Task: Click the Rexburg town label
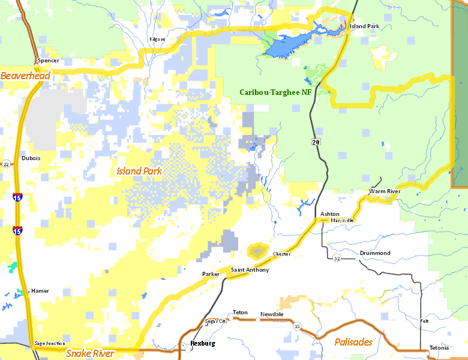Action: (202, 344)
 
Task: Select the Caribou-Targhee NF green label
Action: (275, 92)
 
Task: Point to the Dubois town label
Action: (31, 158)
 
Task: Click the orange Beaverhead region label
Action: (25, 76)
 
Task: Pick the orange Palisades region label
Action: (353, 342)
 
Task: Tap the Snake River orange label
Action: (90, 353)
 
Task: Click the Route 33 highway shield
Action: (296, 325)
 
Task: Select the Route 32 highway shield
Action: (337, 258)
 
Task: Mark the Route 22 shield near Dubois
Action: (6, 164)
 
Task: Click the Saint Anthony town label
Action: (250, 270)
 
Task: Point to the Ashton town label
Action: (329, 214)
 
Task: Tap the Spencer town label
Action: (48, 61)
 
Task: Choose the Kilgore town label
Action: (157, 39)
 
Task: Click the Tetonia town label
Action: (440, 349)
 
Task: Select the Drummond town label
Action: (375, 253)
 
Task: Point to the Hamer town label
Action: (40, 291)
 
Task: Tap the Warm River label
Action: (384, 191)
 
